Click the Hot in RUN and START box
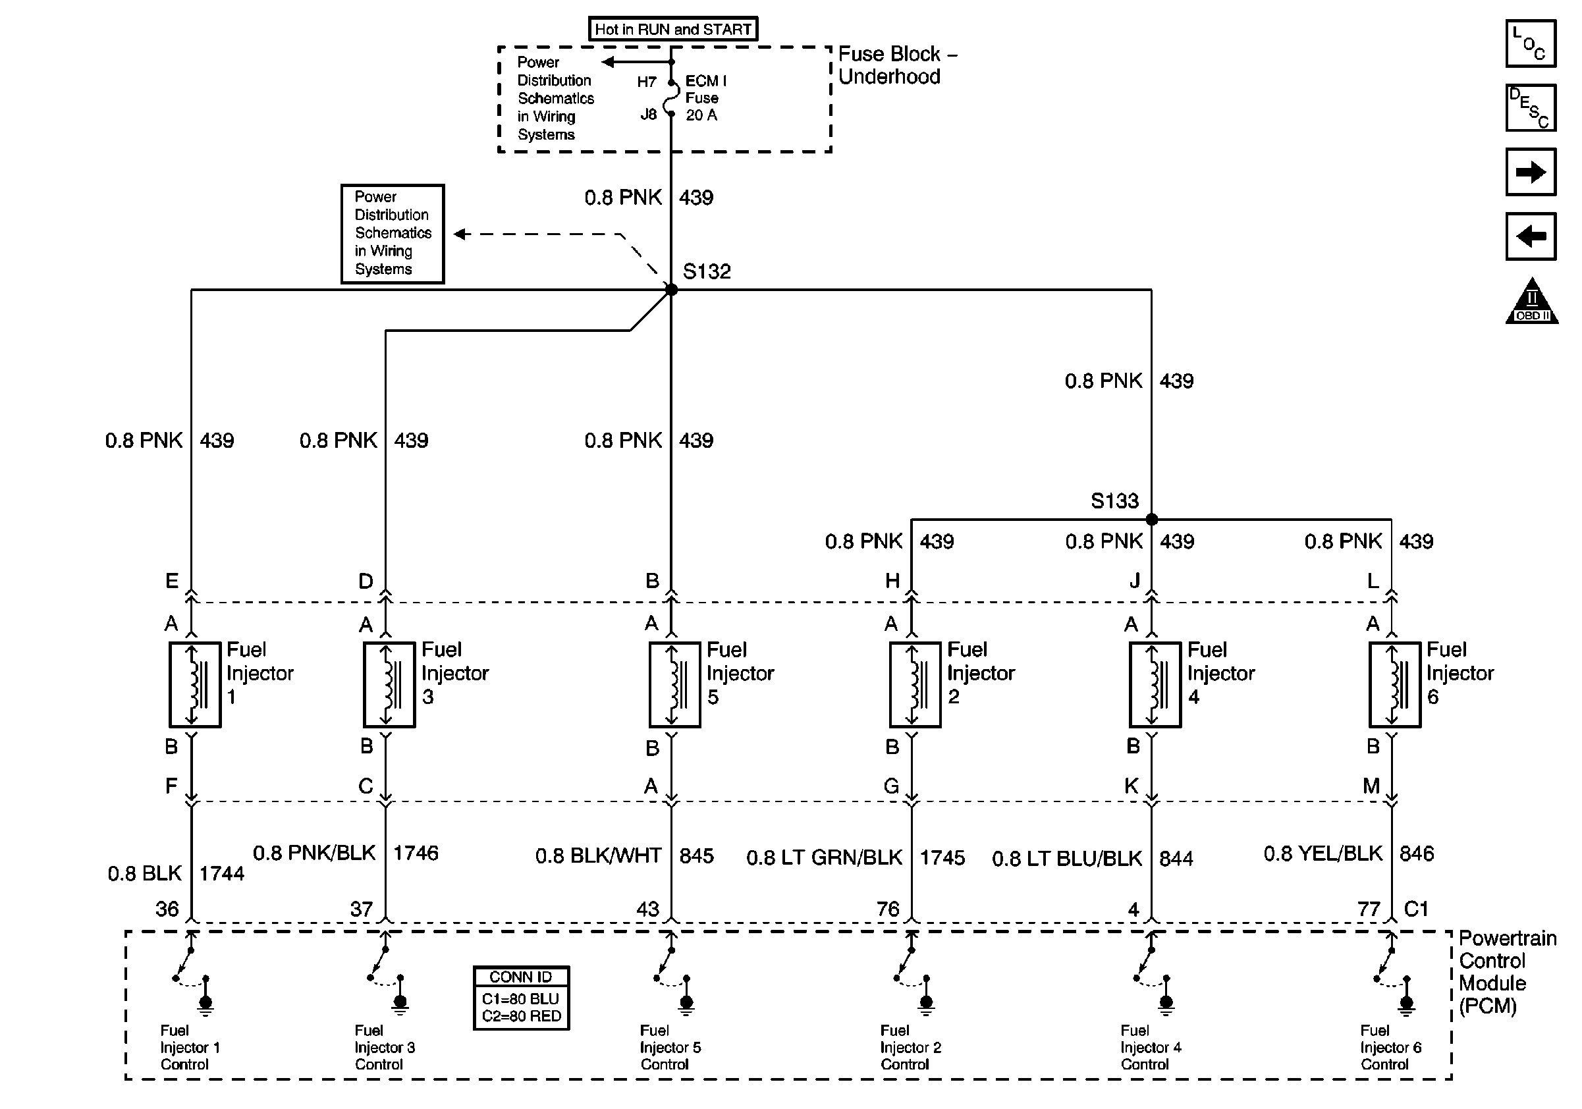tap(672, 29)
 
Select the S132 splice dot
tap(671, 290)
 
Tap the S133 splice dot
tap(1151, 520)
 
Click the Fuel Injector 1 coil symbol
tap(195, 685)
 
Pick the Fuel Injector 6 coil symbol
tap(1394, 685)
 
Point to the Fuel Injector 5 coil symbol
tap(674, 685)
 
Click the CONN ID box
tap(522, 998)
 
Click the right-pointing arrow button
tap(1531, 172)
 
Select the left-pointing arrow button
tap(1531, 237)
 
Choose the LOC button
tap(1531, 44)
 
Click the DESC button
tap(1531, 108)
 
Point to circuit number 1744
tap(221, 873)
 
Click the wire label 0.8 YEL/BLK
tap(1323, 853)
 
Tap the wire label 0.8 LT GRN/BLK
tap(824, 857)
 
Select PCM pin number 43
tap(647, 909)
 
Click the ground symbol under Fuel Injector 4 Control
tap(1166, 1005)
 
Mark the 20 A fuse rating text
tap(701, 116)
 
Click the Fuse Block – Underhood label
tap(897, 65)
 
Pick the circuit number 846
tap(1417, 853)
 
